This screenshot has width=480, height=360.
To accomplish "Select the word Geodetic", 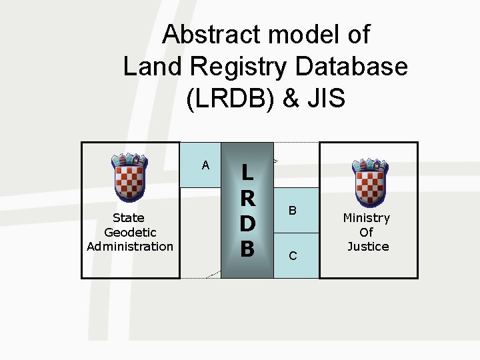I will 130,232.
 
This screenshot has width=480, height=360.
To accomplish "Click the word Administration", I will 130,247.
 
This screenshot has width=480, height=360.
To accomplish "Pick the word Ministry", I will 367,218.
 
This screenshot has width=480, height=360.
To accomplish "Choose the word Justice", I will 368,247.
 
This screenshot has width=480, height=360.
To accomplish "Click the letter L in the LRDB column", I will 247,172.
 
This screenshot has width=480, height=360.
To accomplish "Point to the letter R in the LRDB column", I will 247,198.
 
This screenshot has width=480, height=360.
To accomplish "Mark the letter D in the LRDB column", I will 247,223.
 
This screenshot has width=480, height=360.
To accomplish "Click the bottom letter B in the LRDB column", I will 247,249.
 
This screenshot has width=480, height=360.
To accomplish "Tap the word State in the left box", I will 129,218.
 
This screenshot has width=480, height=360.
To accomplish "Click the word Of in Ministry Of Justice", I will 367,233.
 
